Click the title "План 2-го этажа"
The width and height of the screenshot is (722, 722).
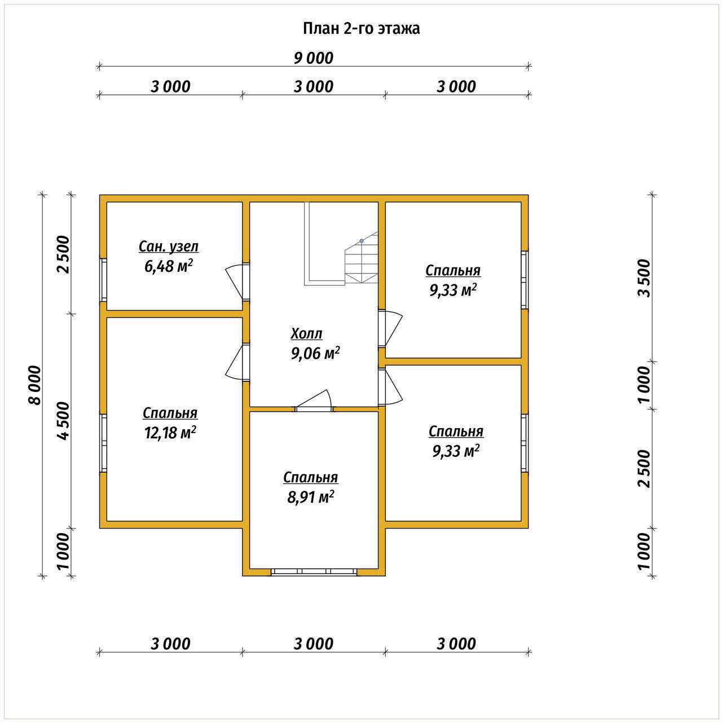point(361,29)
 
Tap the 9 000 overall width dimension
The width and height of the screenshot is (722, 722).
point(313,58)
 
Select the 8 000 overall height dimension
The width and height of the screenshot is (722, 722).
point(34,385)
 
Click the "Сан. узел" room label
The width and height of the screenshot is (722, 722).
point(169,246)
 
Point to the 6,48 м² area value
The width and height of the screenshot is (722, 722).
point(169,266)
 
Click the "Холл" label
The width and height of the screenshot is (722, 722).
point(306,333)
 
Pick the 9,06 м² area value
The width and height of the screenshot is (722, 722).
point(315,353)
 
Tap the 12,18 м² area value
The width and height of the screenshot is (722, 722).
point(170,433)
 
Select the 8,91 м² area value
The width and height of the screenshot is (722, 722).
point(311,497)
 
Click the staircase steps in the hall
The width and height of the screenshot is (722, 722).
point(361,258)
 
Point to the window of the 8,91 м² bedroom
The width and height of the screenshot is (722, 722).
point(314,572)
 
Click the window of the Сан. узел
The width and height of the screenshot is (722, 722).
point(103,280)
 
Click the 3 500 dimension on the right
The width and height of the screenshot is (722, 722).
point(645,278)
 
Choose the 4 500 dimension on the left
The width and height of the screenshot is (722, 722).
point(64,421)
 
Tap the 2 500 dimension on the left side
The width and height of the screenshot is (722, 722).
point(64,254)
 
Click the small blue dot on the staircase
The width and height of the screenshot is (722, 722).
point(362,240)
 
